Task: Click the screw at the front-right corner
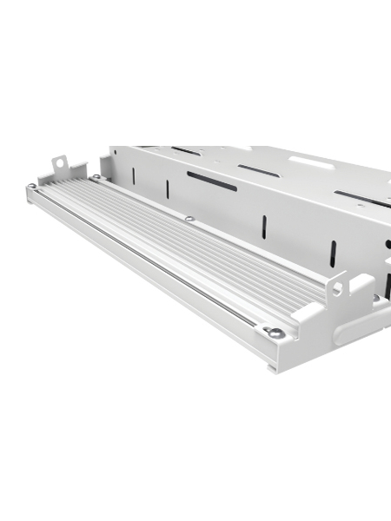(x=274, y=332)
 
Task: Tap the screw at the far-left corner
(x=32, y=186)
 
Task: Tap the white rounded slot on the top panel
(x=308, y=162)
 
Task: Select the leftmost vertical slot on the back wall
(x=133, y=175)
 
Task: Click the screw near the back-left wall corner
(x=96, y=177)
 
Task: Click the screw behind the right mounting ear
(x=375, y=297)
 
